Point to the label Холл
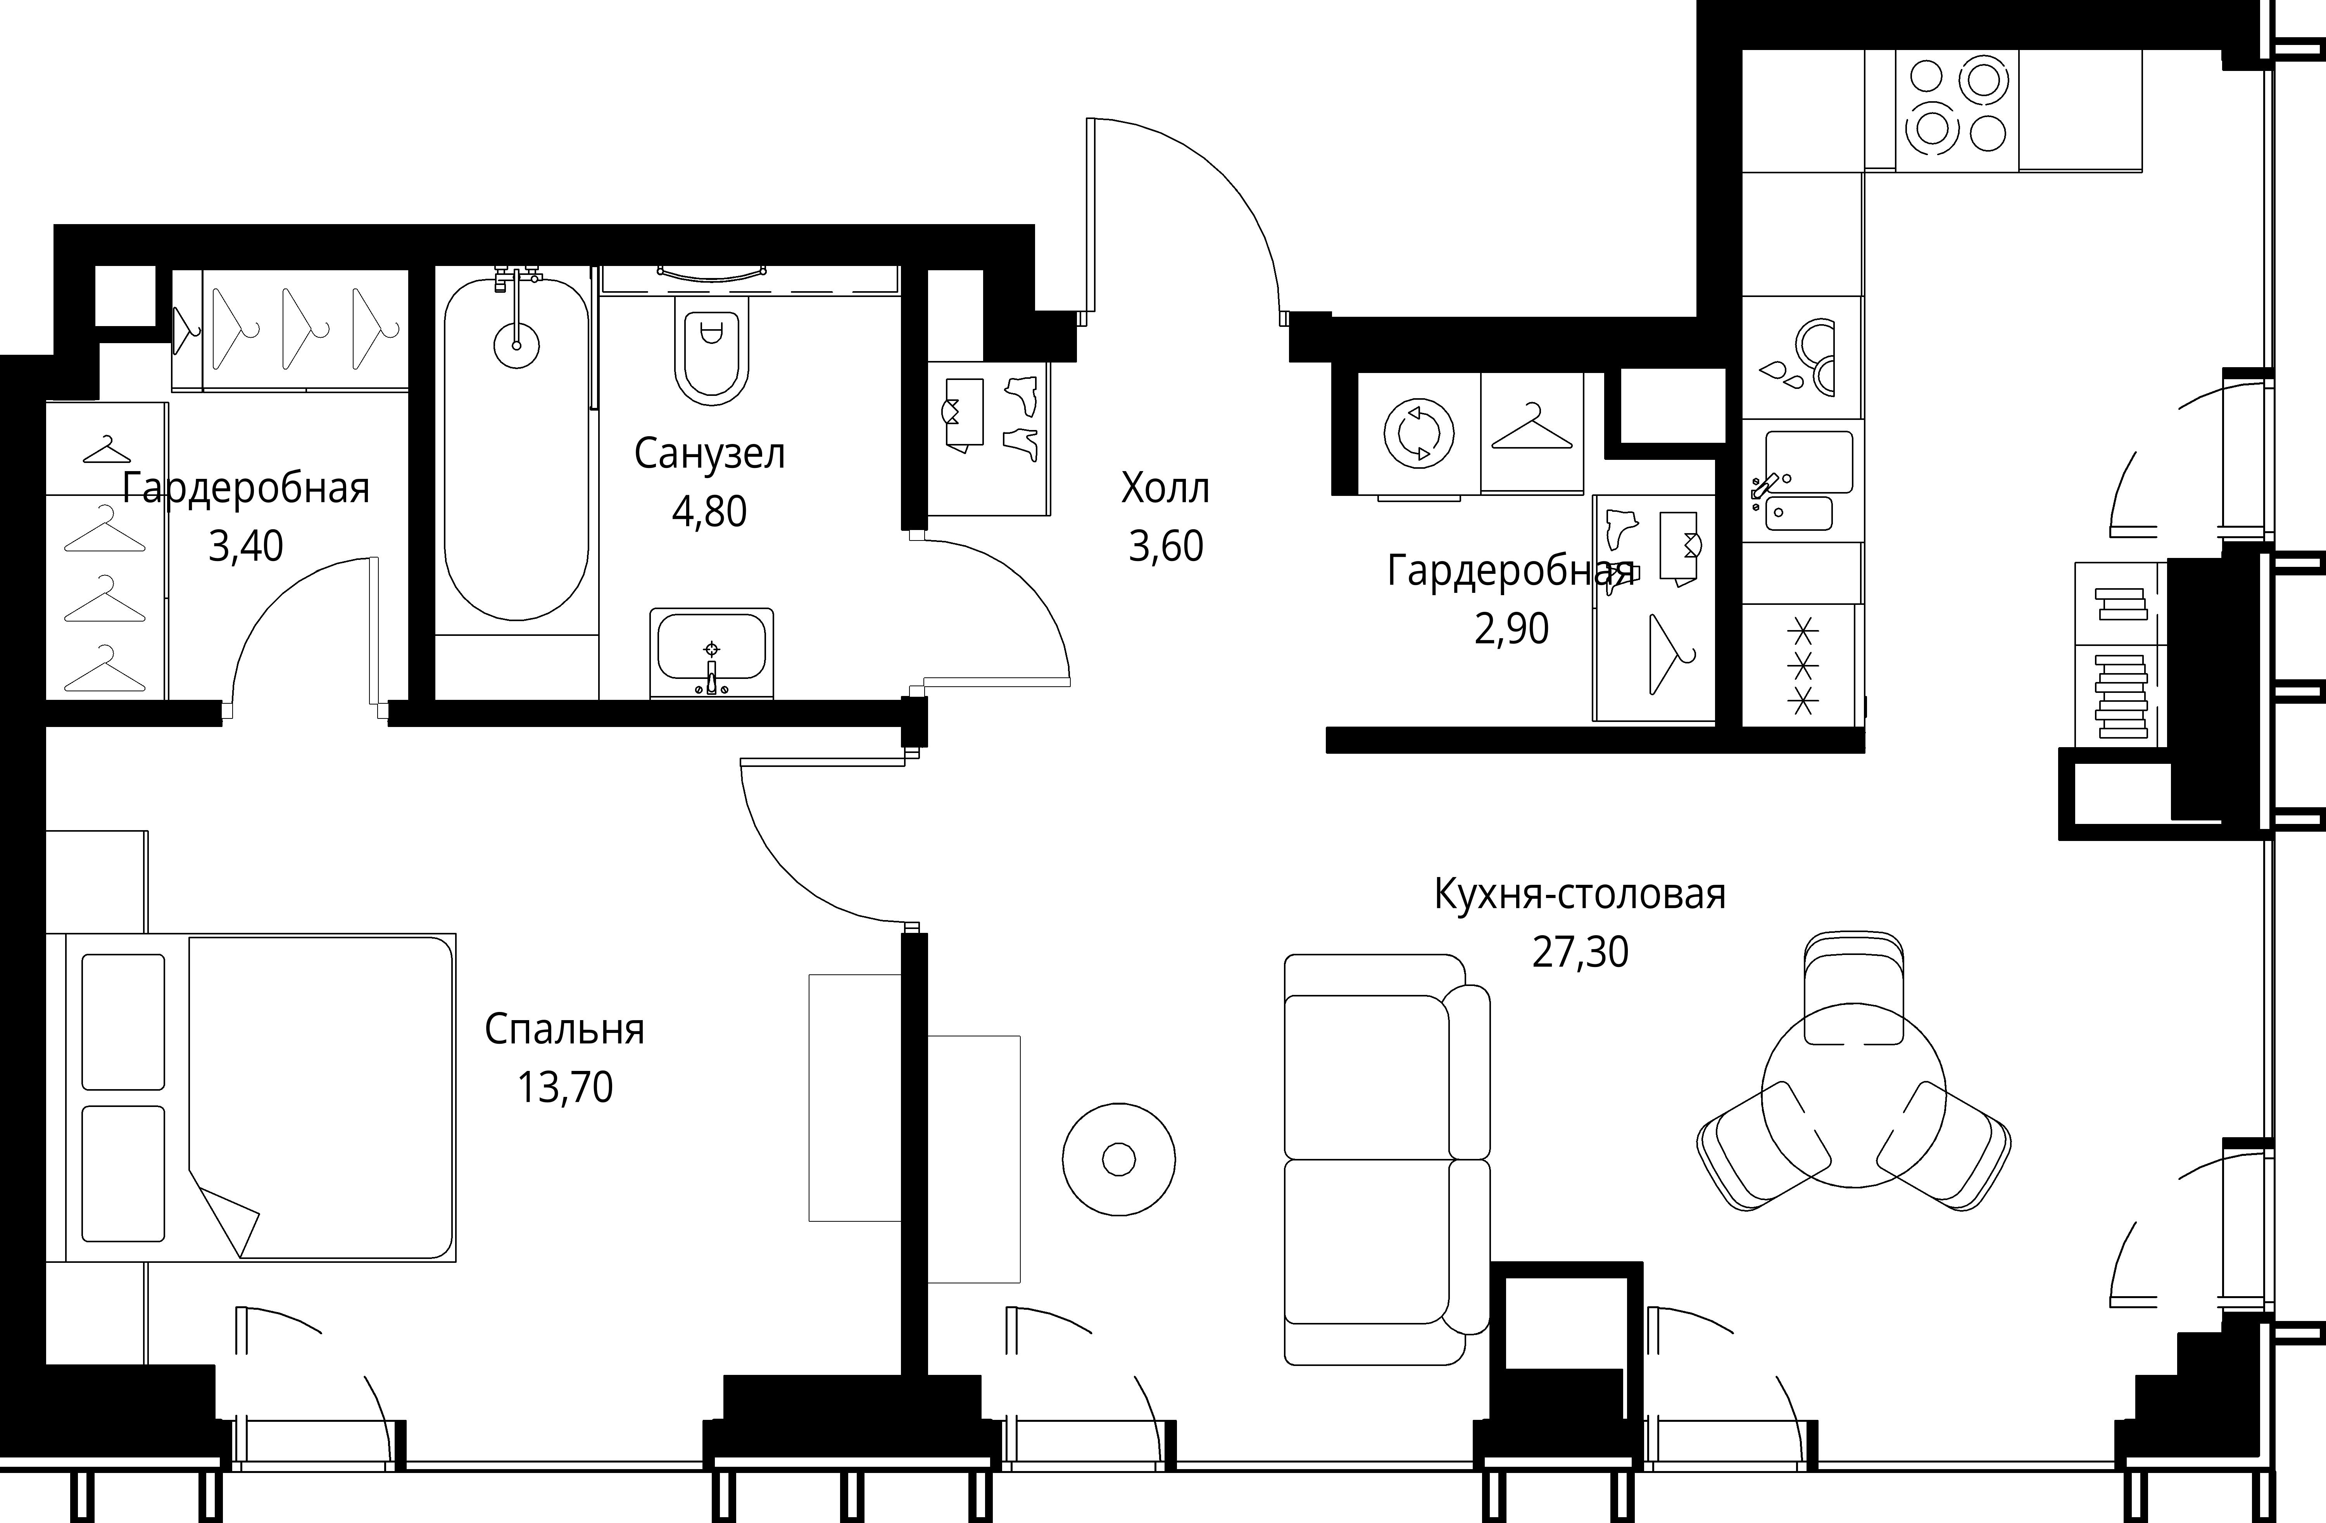point(1165,488)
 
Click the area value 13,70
point(565,1087)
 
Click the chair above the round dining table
point(1853,987)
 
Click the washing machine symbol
point(1419,433)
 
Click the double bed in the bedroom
point(251,1097)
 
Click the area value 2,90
point(1511,629)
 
